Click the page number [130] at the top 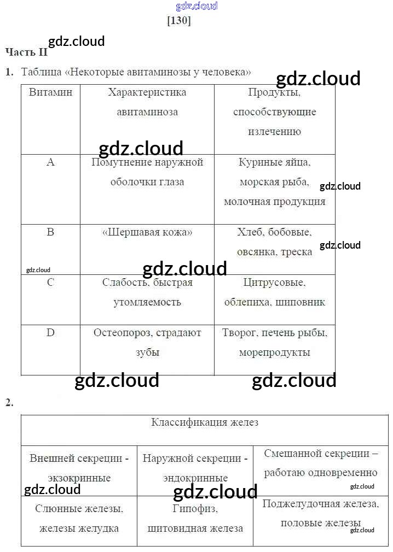pos(178,21)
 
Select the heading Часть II pos(26,52)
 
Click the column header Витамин pos(50,92)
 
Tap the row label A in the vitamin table pos(51,162)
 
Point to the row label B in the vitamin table pos(50,232)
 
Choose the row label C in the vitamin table pos(50,283)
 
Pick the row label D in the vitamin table pos(50,333)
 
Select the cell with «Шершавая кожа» pos(147,232)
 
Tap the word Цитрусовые pos(274,283)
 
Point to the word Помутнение pos(118,162)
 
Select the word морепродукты pos(274,353)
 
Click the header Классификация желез pos(205,422)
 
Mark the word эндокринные pos(195,478)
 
